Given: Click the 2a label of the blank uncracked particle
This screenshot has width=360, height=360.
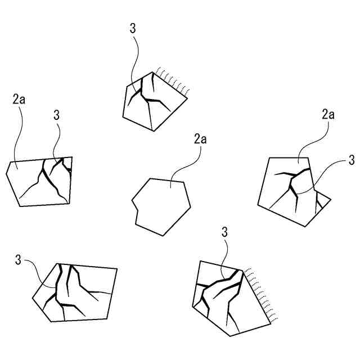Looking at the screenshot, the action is pyautogui.click(x=200, y=139).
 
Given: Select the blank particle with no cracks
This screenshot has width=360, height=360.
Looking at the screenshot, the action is pyautogui.click(x=161, y=206).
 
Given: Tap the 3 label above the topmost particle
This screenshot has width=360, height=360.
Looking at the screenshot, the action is pyautogui.click(x=133, y=29).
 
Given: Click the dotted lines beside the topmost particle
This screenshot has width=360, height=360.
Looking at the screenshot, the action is pyautogui.click(x=173, y=81).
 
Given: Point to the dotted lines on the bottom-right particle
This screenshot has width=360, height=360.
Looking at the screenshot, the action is pyautogui.click(x=261, y=294).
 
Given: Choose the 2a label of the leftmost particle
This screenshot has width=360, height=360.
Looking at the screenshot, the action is pyautogui.click(x=19, y=99).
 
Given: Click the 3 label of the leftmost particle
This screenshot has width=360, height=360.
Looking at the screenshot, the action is pyautogui.click(x=56, y=115).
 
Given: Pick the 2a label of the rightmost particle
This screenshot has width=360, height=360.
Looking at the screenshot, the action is pyautogui.click(x=328, y=114).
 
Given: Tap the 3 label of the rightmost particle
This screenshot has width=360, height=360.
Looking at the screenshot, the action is pyautogui.click(x=352, y=160).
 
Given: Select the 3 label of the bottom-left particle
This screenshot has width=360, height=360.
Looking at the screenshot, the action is pyautogui.click(x=18, y=260).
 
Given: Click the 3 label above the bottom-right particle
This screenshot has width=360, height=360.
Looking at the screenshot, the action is pyautogui.click(x=224, y=232).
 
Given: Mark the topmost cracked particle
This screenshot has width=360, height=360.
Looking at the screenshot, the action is pyautogui.click(x=155, y=101).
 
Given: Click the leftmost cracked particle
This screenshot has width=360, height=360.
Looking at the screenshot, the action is pyautogui.click(x=39, y=182).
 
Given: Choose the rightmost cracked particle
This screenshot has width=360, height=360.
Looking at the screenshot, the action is pyautogui.click(x=294, y=192).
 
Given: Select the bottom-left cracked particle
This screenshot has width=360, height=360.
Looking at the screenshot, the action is pyautogui.click(x=75, y=292).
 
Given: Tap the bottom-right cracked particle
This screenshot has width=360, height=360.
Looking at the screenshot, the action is pyautogui.click(x=231, y=299).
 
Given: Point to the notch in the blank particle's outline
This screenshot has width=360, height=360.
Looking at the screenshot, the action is pyautogui.click(x=137, y=210).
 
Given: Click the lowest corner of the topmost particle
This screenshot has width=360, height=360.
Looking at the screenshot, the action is pyautogui.click(x=154, y=131).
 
